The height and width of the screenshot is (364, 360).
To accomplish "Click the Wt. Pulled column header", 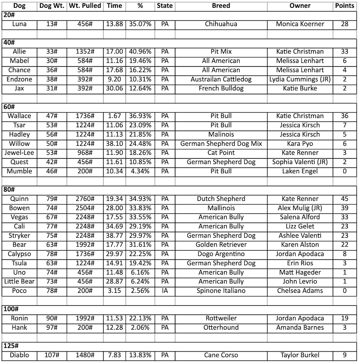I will [85, 6].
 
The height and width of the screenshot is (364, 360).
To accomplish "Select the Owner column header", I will [300, 6].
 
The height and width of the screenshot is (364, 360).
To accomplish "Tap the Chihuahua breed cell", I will [221, 24].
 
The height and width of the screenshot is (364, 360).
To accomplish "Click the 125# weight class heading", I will [11, 346].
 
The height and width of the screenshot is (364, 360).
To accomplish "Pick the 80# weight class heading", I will [9, 190].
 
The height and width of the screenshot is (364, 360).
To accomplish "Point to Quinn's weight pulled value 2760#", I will [85, 199].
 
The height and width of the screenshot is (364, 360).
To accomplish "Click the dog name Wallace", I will [20, 116].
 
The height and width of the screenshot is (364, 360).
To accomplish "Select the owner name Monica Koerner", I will [300, 24].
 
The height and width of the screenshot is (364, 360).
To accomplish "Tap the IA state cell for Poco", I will [164, 291].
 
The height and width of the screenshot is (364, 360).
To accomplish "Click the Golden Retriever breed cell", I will [221, 245].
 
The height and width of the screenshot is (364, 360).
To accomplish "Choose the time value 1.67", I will [114, 116].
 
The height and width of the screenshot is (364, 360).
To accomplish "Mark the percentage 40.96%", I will [140, 52].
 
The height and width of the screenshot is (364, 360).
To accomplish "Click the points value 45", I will [345, 199].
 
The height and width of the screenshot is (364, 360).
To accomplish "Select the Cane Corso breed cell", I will [221, 355].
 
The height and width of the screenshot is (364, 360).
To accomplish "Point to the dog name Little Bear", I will [20, 282].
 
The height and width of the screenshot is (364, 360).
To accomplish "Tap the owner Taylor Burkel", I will [300, 355].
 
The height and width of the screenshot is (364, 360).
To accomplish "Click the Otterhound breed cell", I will [221, 328].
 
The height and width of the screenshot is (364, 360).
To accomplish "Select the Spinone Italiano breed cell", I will [221, 291].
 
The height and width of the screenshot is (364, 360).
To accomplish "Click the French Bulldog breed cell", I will [221, 89].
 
